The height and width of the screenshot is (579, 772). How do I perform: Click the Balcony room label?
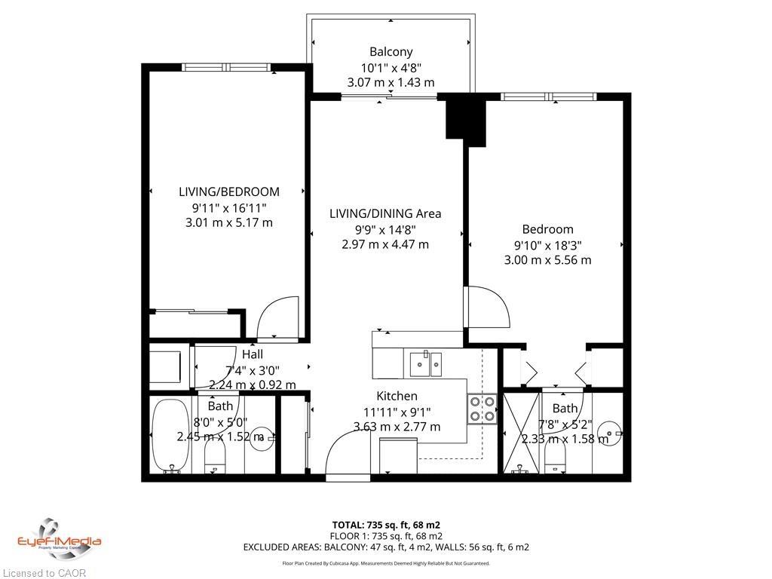click(391, 52)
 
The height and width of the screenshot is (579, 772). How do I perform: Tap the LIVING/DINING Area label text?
click(385, 213)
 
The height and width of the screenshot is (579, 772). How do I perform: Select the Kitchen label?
click(397, 396)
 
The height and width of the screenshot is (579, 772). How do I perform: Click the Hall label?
click(253, 354)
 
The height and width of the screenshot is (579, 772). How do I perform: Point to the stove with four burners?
click(482, 409)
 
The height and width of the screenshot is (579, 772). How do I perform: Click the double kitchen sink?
click(425, 363)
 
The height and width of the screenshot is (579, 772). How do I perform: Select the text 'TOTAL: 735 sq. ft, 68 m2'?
click(385, 525)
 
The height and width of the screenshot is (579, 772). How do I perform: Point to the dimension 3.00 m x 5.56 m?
click(547, 260)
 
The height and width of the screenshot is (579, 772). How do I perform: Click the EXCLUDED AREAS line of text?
click(385, 547)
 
